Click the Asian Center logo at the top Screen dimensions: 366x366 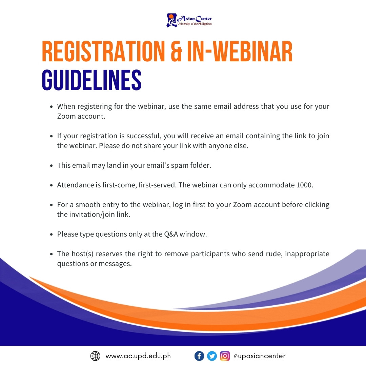[189, 20]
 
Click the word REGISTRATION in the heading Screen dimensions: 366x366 [103, 52]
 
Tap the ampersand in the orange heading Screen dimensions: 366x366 [176, 52]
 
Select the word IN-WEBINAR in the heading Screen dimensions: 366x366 [240, 52]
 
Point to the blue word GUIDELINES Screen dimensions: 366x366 [92, 80]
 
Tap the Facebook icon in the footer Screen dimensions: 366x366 [199, 356]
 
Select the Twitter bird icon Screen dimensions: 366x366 [212, 356]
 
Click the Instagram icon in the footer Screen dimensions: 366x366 [225, 356]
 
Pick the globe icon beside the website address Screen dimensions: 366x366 [95, 356]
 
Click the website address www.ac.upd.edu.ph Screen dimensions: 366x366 [138, 356]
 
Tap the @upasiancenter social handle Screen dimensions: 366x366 [260, 356]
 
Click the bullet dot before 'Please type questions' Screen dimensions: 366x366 [52, 235]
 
